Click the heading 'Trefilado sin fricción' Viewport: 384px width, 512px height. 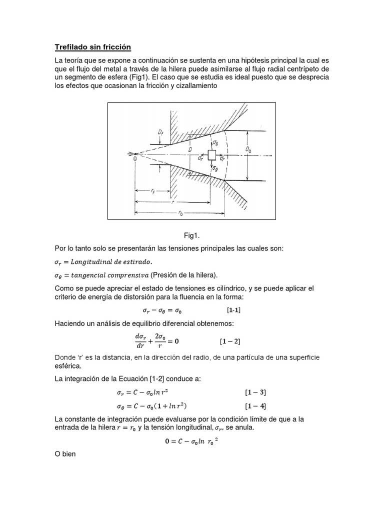[x=92, y=47]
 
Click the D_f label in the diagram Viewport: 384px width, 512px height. [x=161, y=132]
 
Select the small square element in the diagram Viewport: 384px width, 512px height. [x=212, y=155]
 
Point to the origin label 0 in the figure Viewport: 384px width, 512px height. [x=134, y=158]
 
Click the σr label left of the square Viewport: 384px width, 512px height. [x=200, y=158]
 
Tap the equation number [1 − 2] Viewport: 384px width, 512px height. [x=230, y=342]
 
